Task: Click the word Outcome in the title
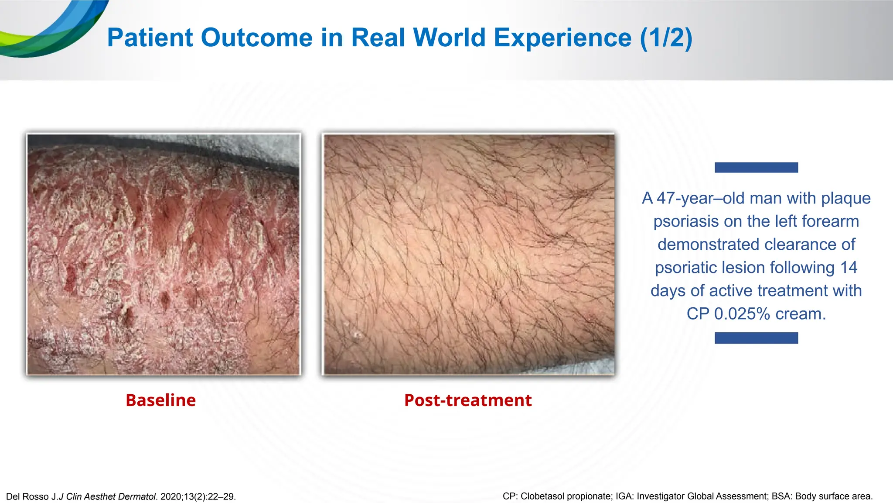(256, 38)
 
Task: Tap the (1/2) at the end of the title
(666, 38)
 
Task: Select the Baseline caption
(160, 400)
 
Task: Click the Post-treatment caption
(468, 400)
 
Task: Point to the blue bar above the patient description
(756, 167)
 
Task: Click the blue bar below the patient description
(756, 338)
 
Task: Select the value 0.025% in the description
(742, 314)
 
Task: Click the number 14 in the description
(848, 268)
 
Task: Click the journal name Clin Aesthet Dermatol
(111, 497)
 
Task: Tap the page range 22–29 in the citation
(222, 497)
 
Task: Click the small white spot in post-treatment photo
(358, 335)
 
